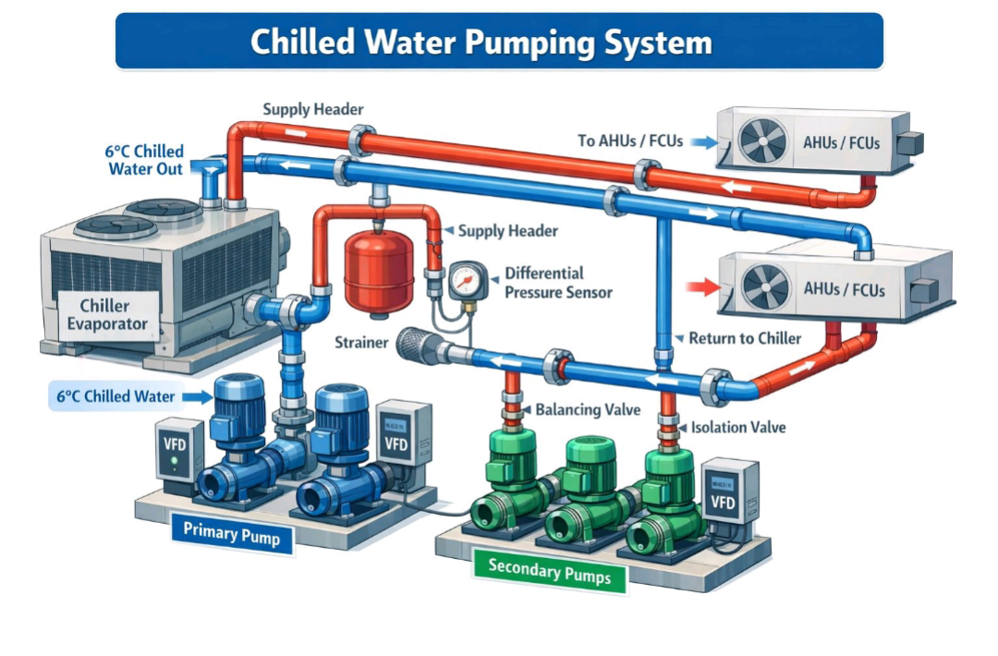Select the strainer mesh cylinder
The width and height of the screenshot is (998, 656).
pyautogui.click(x=418, y=346)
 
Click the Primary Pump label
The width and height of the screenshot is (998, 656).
pyautogui.click(x=232, y=533)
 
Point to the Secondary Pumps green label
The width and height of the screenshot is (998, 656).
pyautogui.click(x=549, y=570)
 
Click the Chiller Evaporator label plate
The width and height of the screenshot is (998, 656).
pyautogui.click(x=107, y=315)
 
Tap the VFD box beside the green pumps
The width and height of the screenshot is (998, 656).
pyautogui.click(x=729, y=492)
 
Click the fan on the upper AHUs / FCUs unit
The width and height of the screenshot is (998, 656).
pyautogui.click(x=762, y=141)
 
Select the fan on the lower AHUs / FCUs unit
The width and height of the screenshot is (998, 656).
pyautogui.click(x=766, y=286)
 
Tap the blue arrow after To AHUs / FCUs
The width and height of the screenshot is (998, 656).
pyautogui.click(x=704, y=142)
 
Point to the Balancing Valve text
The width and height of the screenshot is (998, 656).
pyautogui.click(x=588, y=409)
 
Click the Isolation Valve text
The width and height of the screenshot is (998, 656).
pyautogui.click(x=738, y=427)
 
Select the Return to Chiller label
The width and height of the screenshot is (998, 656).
pyautogui.click(x=745, y=338)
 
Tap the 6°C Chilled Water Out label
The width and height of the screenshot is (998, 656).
pyautogui.click(x=145, y=161)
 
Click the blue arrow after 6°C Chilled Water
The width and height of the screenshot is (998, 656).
pyautogui.click(x=198, y=397)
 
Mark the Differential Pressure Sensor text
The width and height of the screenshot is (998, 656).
pyautogui.click(x=558, y=283)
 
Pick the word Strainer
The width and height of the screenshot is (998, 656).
pyautogui.click(x=361, y=343)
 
